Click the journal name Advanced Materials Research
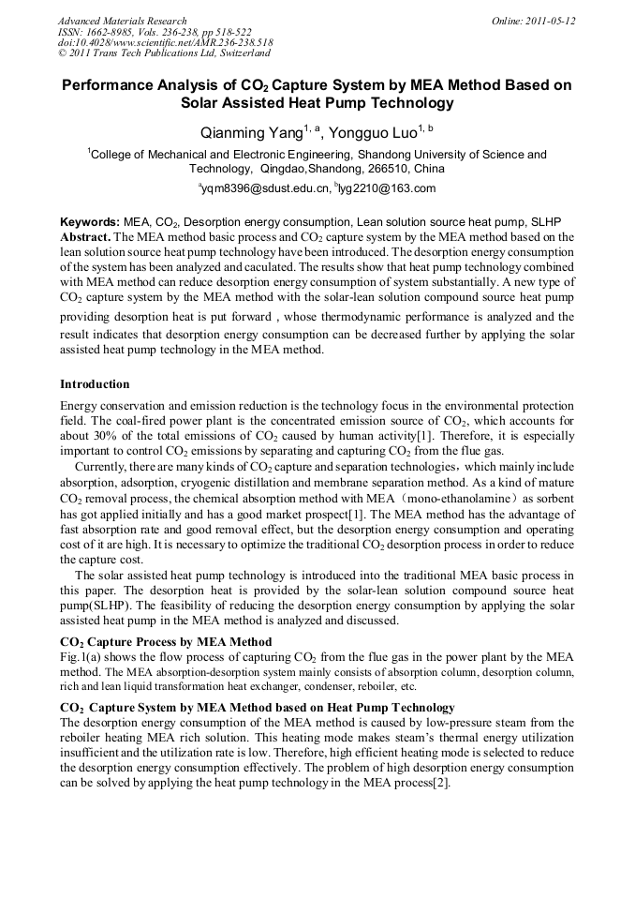coord(122,21)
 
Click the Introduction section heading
coord(95,384)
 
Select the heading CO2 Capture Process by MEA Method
coord(166,642)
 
